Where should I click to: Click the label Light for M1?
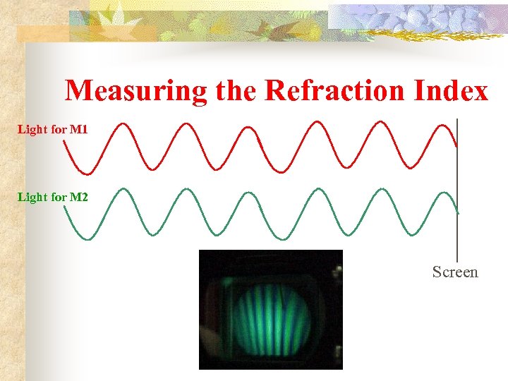pos(53,130)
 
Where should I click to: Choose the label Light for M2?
pos(53,197)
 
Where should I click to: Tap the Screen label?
pos(455,272)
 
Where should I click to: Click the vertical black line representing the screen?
pos(458,233)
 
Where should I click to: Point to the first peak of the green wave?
pos(121,190)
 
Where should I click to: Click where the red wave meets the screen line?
pos(457,146)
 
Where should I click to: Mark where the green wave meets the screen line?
pos(458,212)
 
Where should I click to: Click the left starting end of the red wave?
pos(64,139)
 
